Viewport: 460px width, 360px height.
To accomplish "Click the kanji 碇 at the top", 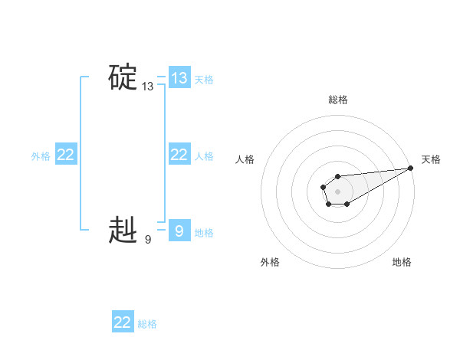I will (x=123, y=77).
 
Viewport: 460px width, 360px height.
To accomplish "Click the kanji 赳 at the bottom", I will (x=123, y=230).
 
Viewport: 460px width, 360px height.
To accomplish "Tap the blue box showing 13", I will (x=179, y=77).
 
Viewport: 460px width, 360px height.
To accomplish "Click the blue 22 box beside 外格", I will (x=66, y=155).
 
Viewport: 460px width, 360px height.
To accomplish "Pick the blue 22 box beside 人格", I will (x=179, y=155).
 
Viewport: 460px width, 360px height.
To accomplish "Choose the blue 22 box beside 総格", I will (x=123, y=322).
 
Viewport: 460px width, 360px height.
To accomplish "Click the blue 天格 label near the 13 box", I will (x=204, y=79).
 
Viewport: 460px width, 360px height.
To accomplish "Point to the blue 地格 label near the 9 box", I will (x=204, y=233).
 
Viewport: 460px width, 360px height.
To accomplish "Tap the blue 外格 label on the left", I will (x=41, y=156).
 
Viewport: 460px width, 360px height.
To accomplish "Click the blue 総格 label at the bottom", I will (x=147, y=324).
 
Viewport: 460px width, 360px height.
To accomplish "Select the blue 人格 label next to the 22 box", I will (x=204, y=156).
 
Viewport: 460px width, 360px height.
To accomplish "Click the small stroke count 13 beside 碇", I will (x=148, y=87).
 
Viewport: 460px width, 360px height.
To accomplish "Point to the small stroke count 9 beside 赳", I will (x=148, y=240).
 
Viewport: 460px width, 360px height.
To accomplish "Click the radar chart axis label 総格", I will (x=337, y=100).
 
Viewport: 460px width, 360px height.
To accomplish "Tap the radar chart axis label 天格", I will (x=431, y=159).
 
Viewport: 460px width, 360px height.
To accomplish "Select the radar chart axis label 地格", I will (x=402, y=262).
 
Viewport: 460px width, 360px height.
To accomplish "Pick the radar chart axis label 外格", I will (x=270, y=262).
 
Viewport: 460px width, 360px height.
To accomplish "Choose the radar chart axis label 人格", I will (x=245, y=159).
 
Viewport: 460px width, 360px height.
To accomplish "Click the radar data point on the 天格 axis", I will (x=411, y=168).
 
